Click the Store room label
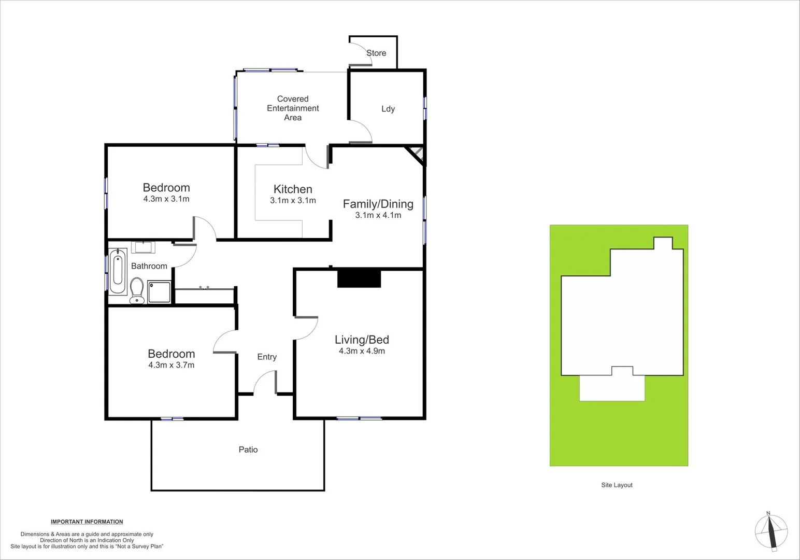pyautogui.click(x=376, y=53)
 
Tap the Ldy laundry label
pyautogui.click(x=388, y=109)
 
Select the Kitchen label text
pyautogui.click(x=293, y=189)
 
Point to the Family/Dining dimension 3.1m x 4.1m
pyautogui.click(x=378, y=215)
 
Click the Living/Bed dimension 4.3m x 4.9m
pyautogui.click(x=362, y=351)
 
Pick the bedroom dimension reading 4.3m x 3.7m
pyautogui.click(x=171, y=365)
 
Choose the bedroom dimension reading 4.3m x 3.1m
pyautogui.click(x=166, y=199)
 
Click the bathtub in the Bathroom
pyautogui.click(x=118, y=271)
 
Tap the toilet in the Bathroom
pyautogui.click(x=137, y=290)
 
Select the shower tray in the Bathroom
pyautogui.click(x=159, y=291)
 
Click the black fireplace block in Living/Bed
pyautogui.click(x=359, y=278)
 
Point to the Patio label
pyautogui.click(x=248, y=450)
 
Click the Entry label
pyautogui.click(x=267, y=357)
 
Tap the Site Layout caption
pyautogui.click(x=617, y=485)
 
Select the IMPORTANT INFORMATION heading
pyautogui.click(x=87, y=522)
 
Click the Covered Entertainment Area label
pyautogui.click(x=293, y=108)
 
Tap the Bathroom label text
pyautogui.click(x=149, y=266)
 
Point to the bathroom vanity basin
pyautogui.click(x=143, y=247)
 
